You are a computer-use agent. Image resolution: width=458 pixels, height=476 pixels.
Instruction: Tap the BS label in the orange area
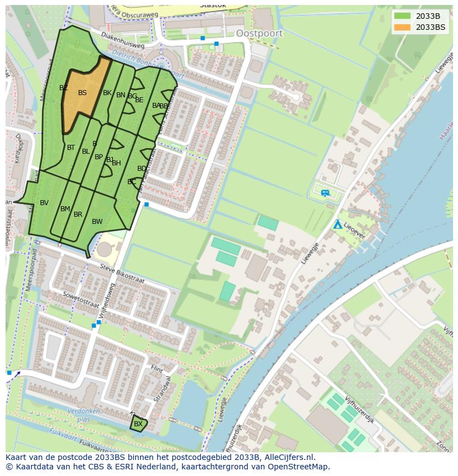click(82, 93)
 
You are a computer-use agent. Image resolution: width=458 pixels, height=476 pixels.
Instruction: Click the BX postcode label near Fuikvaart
click(138, 424)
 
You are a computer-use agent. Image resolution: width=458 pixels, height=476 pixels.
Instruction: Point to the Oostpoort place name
click(259, 33)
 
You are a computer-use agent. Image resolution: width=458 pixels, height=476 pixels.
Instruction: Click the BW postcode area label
click(97, 222)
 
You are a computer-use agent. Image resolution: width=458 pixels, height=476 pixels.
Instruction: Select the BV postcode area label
click(44, 203)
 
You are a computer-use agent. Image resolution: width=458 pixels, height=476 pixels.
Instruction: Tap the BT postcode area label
click(71, 148)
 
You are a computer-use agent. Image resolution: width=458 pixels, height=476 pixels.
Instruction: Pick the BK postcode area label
click(107, 93)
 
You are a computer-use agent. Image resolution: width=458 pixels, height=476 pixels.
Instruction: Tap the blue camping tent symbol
click(337, 224)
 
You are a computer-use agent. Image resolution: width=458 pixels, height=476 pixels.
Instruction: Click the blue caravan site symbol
click(325, 192)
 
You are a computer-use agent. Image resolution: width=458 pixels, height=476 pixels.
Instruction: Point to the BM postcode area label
click(65, 209)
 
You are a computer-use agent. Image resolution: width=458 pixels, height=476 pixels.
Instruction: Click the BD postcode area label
click(142, 169)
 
